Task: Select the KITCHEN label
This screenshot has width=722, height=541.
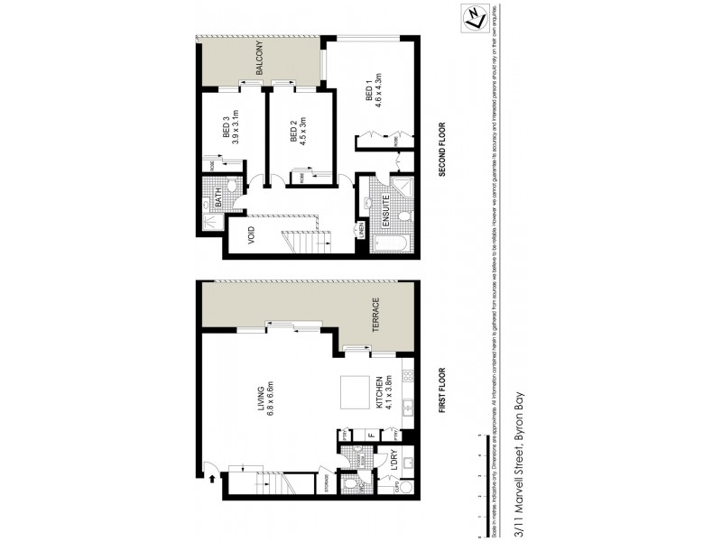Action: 378,401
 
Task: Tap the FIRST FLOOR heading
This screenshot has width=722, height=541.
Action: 443,389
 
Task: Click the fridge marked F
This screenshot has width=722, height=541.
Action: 371,436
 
